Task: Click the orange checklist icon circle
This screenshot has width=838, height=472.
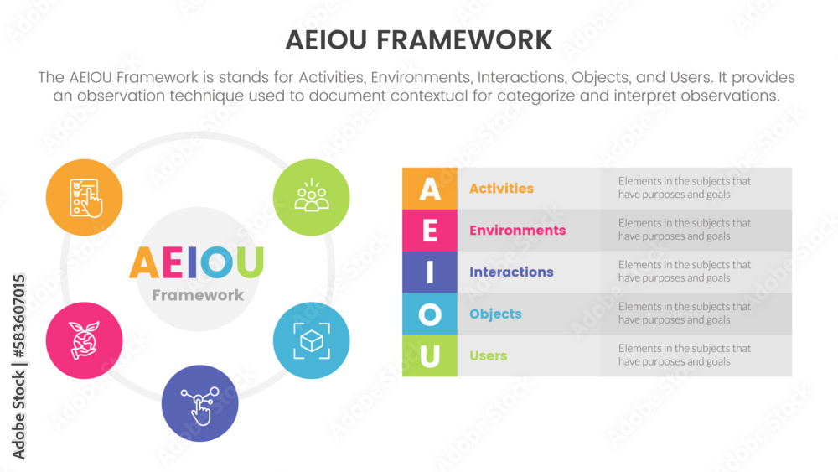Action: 85,198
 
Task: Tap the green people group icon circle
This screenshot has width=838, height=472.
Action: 312,198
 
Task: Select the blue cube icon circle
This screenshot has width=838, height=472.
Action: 312,340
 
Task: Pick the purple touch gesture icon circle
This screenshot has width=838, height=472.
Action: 199,403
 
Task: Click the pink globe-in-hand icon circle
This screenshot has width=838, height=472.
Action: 85,340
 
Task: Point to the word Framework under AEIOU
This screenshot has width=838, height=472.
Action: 198,295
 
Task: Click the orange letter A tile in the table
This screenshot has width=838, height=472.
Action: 430,189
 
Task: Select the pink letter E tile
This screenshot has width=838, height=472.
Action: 430,231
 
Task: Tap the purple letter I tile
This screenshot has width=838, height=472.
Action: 430,272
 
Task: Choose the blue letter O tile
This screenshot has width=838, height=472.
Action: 430,314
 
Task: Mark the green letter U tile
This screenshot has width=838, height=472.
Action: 430,355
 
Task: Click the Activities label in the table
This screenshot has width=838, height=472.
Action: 501,189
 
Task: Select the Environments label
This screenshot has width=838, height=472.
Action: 517,231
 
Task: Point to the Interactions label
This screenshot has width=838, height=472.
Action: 511,272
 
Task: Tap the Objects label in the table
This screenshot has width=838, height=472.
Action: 495,314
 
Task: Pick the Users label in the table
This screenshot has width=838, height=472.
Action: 488,356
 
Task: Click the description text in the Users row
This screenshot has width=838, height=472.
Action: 684,355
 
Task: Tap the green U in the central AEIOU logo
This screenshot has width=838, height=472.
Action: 248,262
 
